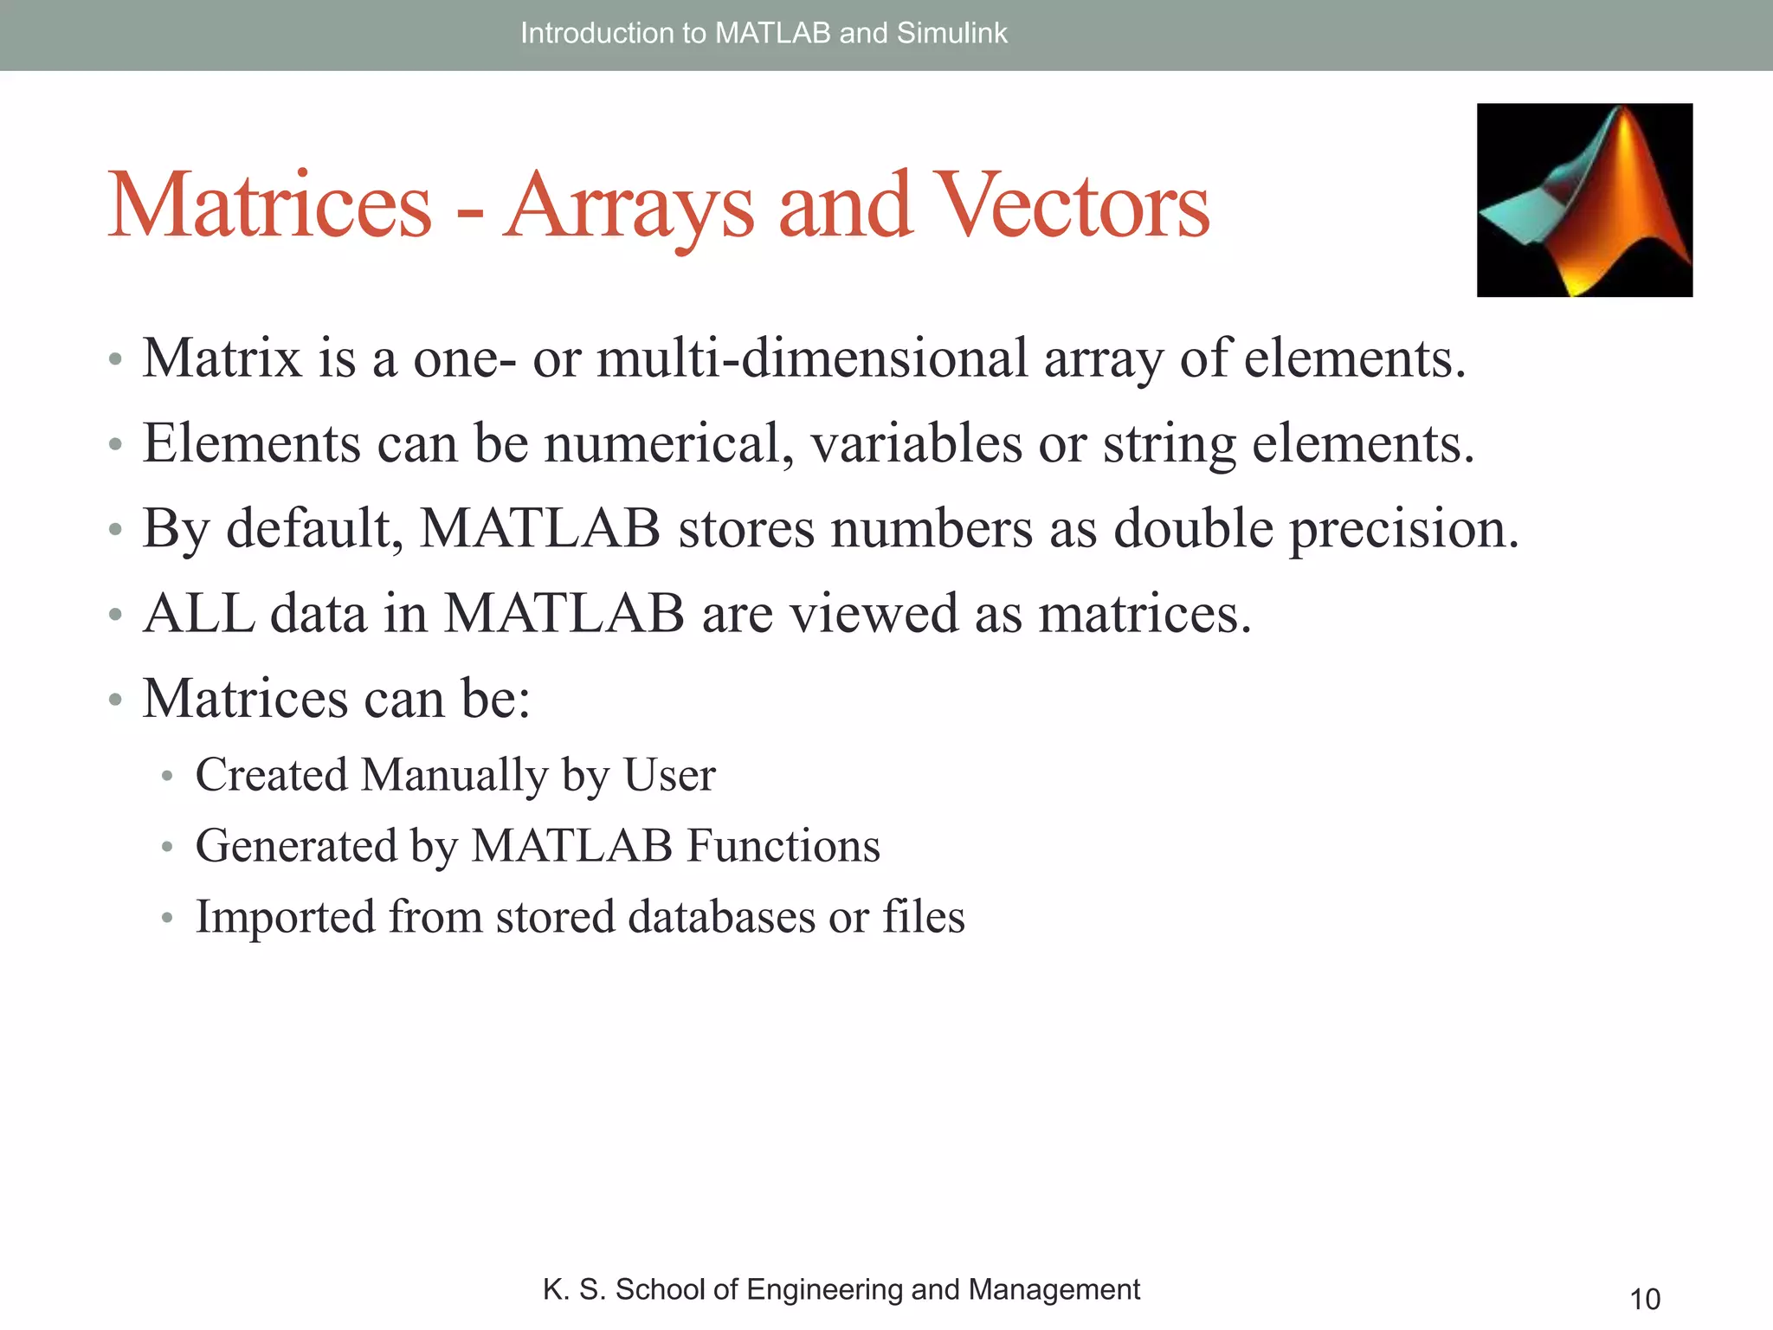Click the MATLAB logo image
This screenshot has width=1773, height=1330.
[x=1584, y=200]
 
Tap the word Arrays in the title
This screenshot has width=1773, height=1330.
[x=629, y=206]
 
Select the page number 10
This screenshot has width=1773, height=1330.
[x=1645, y=1299]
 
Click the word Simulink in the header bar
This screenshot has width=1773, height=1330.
[x=952, y=33]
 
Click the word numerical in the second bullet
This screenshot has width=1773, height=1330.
[x=668, y=443]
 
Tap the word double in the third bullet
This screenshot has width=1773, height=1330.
[x=1193, y=528]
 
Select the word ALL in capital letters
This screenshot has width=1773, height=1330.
[x=198, y=613]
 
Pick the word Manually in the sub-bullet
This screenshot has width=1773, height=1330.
[x=455, y=774]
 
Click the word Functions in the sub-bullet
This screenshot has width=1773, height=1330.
[x=783, y=845]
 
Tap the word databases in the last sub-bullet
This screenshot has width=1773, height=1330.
[x=721, y=916]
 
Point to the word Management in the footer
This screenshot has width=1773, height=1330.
[x=1054, y=1289]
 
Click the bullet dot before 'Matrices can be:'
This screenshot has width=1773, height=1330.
[x=115, y=700]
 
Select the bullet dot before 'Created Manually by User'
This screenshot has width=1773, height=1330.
[x=168, y=776]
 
